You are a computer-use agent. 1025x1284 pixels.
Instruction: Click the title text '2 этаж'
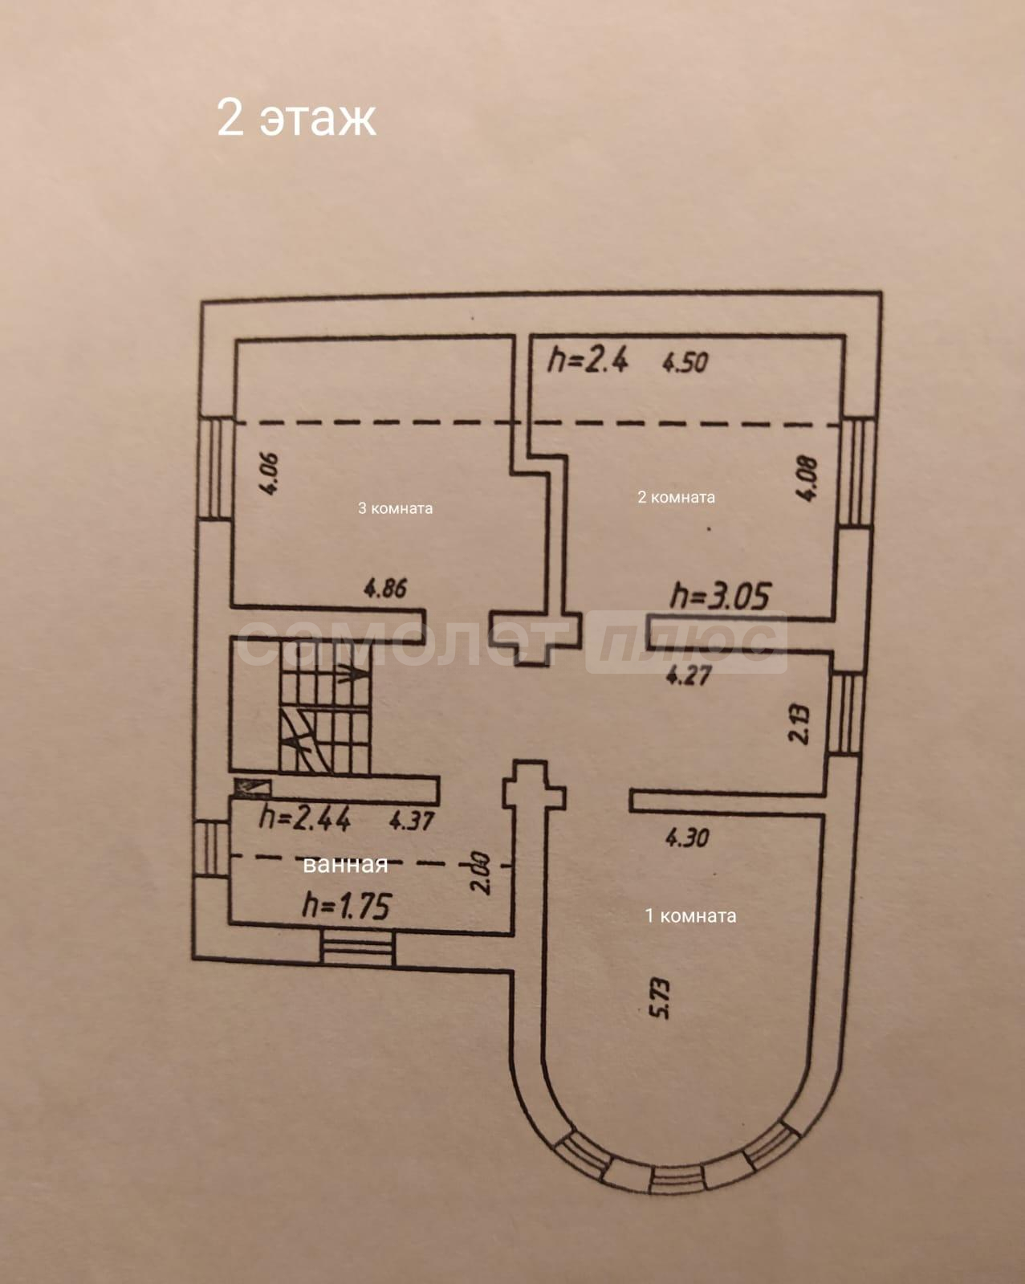(x=296, y=118)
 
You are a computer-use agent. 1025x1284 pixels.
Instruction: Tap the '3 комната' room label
(x=395, y=508)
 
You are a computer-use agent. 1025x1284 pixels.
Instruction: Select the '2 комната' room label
(x=676, y=497)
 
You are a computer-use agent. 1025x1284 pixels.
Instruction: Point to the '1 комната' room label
(x=690, y=915)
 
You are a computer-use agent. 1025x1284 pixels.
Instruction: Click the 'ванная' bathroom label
(x=345, y=864)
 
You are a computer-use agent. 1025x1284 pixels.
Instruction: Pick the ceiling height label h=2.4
(x=588, y=360)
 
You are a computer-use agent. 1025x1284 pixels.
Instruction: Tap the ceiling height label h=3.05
(x=720, y=596)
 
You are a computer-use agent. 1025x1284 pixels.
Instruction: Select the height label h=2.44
(x=304, y=818)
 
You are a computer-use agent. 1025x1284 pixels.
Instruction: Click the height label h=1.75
(x=346, y=906)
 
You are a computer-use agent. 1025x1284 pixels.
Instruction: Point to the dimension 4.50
(x=685, y=362)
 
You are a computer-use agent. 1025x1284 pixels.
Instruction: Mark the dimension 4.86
(x=385, y=589)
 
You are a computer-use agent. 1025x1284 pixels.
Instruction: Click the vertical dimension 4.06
(x=270, y=474)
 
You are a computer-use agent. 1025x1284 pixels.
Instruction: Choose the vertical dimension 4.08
(x=808, y=479)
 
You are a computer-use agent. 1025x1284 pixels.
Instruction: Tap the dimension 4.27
(x=689, y=675)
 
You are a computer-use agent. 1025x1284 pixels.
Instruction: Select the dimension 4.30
(x=687, y=838)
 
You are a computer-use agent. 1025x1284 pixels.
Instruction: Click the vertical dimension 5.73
(x=660, y=998)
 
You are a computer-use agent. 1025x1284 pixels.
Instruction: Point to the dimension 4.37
(x=412, y=821)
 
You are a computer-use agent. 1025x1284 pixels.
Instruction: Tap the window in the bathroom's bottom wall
(x=358, y=948)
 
